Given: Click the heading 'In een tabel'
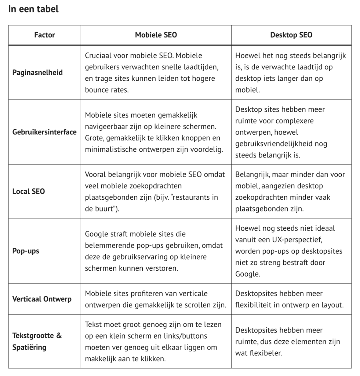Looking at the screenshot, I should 33,9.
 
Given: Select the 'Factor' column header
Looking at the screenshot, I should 44,35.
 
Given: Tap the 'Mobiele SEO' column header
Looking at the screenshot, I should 156,35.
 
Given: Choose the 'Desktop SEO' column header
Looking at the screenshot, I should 291,35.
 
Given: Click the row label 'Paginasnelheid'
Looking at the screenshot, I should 37,72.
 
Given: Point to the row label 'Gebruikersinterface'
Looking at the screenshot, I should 44,132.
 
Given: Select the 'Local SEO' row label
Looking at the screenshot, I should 29,191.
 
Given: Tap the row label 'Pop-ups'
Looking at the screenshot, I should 26,251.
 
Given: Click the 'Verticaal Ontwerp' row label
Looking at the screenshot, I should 42,299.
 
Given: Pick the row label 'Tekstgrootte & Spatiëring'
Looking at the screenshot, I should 37,341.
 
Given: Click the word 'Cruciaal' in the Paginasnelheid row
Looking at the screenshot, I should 98,55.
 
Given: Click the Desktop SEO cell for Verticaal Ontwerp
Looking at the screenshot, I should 291,299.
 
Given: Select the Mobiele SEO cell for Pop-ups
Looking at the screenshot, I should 156,251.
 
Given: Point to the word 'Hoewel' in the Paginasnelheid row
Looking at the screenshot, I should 246,55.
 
